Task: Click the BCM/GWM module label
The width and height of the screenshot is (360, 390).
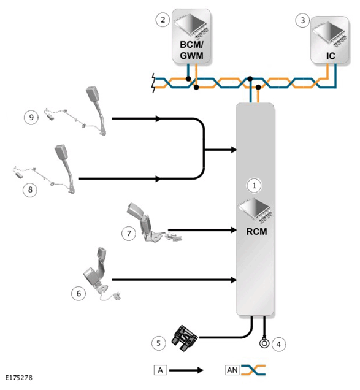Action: click(191, 50)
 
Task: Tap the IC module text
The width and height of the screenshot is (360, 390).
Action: click(331, 56)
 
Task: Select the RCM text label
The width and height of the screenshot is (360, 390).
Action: click(256, 232)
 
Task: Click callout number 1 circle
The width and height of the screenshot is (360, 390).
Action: click(254, 186)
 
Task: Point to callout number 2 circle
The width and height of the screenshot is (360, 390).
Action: click(163, 20)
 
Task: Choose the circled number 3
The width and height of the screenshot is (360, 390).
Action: click(303, 20)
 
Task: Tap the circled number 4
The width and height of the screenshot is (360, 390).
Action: click(278, 344)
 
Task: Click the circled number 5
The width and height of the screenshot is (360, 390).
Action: click(159, 343)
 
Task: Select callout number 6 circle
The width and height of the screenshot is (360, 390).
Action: click(79, 294)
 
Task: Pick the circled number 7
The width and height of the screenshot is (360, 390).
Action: click(129, 233)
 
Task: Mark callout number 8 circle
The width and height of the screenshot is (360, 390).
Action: click(30, 189)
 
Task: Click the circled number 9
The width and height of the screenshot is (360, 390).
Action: click(31, 117)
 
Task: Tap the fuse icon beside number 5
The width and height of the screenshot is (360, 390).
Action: click(185, 338)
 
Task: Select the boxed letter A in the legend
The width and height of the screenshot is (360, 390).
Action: click(160, 370)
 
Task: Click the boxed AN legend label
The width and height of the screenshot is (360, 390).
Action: click(232, 370)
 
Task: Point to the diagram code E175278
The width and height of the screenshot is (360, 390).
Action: click(19, 378)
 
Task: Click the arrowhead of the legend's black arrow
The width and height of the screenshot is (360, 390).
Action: click(201, 370)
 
